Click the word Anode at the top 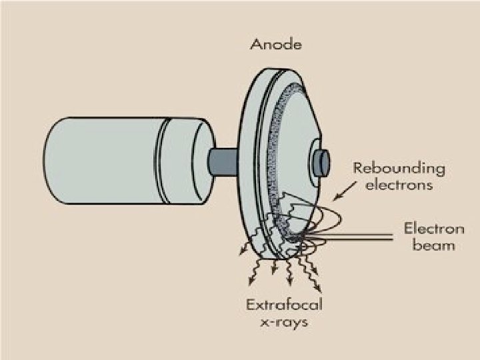276,45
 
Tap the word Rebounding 399,168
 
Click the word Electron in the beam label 434,229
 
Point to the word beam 434,245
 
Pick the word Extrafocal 284,306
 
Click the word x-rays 284,322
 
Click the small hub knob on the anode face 321,161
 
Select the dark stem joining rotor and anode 220,160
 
